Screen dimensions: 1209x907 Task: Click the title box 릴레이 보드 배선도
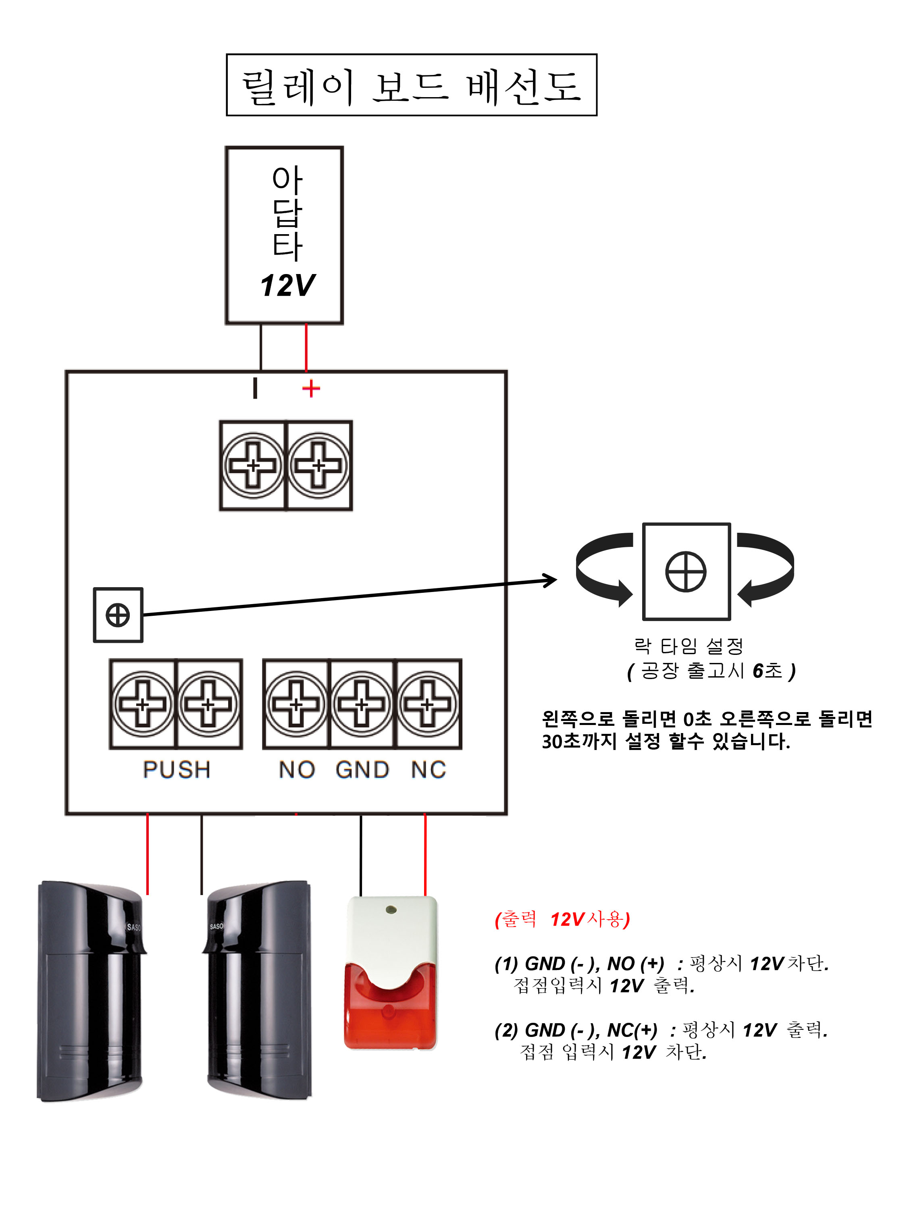[x=411, y=85]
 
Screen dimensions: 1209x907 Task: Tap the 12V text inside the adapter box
[x=287, y=285]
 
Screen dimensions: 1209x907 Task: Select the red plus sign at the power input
[x=310, y=388]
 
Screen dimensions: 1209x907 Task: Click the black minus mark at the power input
[x=255, y=388]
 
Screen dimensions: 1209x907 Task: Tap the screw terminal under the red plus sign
[x=319, y=466]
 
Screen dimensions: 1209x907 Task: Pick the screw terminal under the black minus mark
[x=253, y=466]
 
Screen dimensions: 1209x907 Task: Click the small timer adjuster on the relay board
[x=118, y=615]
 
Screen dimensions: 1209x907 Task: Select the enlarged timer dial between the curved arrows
[x=686, y=572]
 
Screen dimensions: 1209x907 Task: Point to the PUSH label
[x=177, y=770]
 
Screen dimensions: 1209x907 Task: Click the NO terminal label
[x=297, y=770]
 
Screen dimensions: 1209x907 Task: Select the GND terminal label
[x=362, y=770]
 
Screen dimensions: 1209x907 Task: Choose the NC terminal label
[x=429, y=770]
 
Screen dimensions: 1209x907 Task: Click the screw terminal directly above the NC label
[x=428, y=704]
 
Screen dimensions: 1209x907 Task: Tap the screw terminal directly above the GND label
[x=361, y=704]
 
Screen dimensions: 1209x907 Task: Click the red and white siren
[x=390, y=973]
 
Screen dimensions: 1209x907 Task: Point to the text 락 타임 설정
[x=689, y=646]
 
